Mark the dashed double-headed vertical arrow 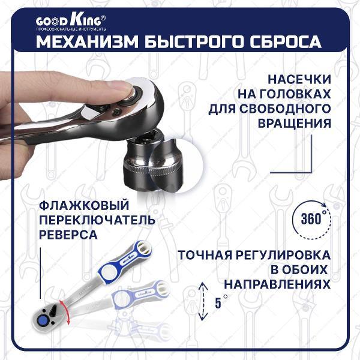(x=200, y=300)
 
